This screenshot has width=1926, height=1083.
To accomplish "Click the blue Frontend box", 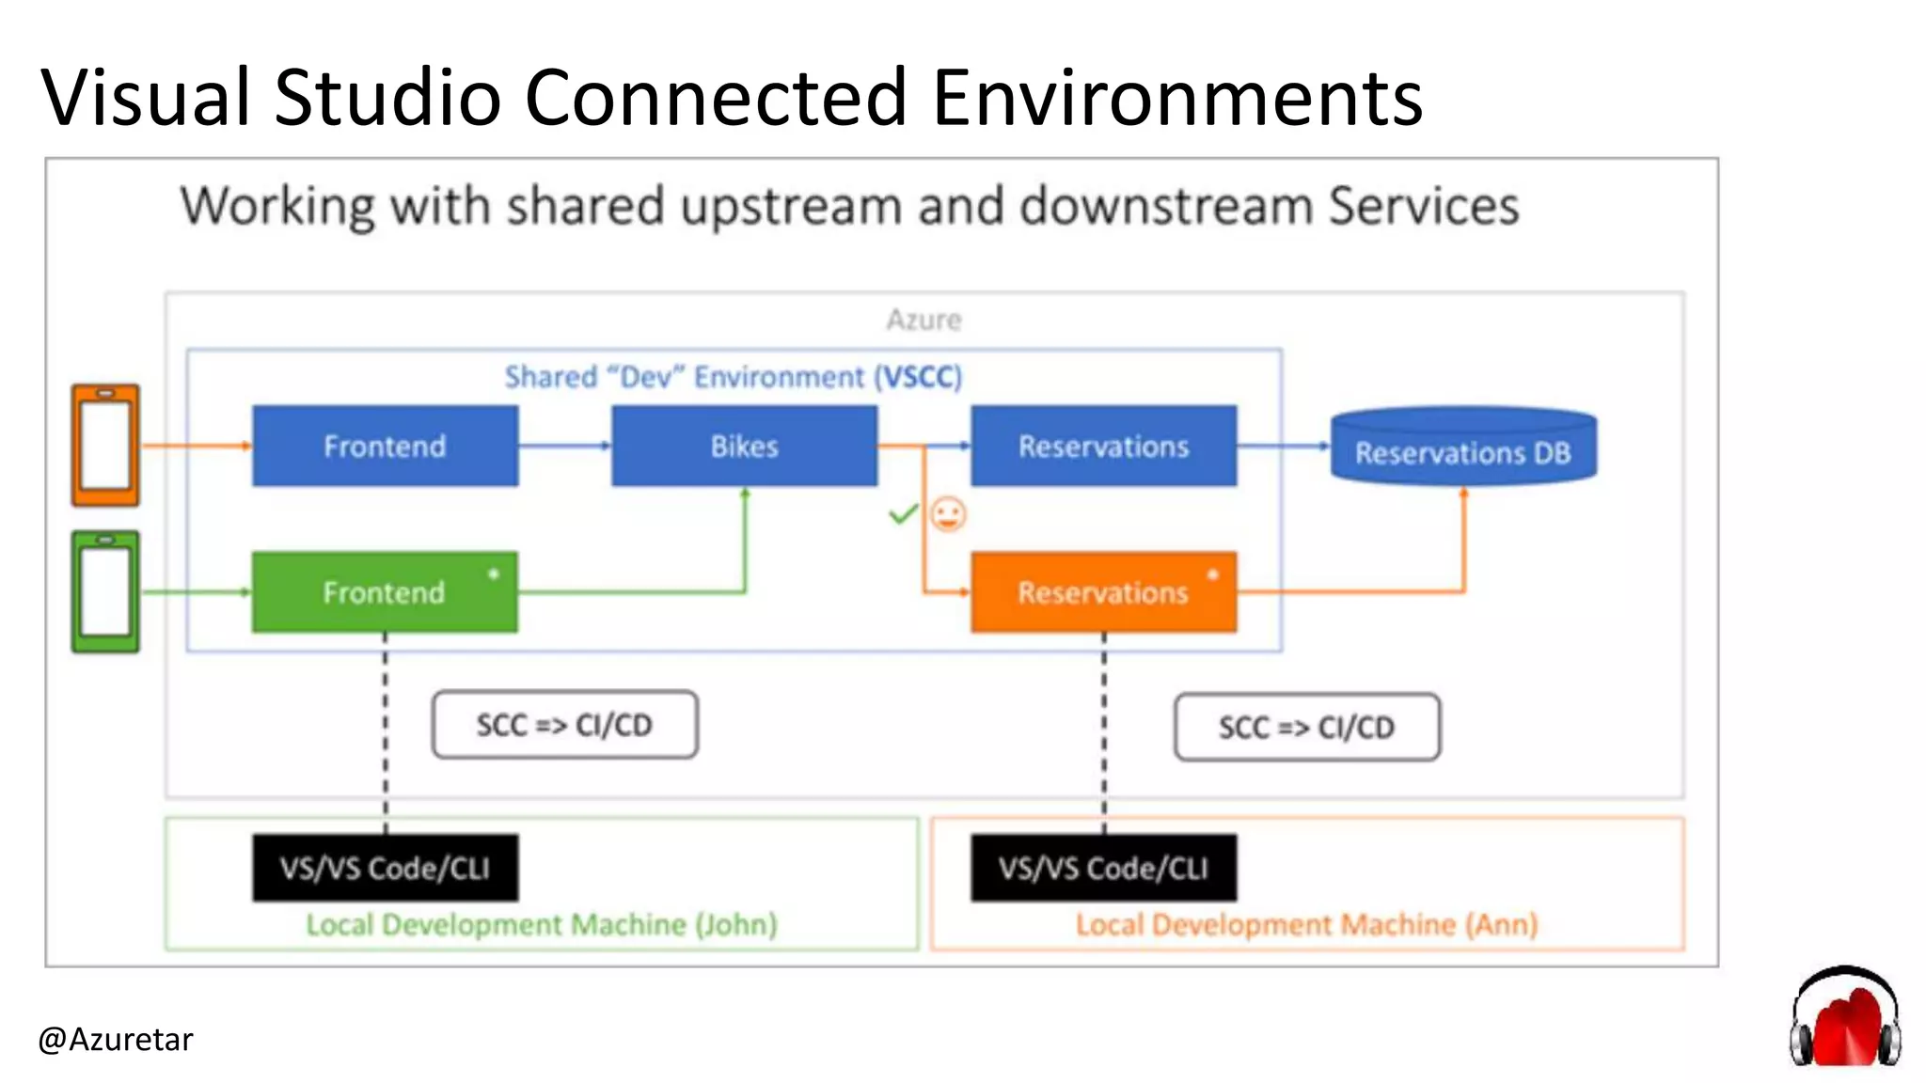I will tap(385, 446).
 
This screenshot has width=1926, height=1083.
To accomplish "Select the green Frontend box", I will tap(385, 592).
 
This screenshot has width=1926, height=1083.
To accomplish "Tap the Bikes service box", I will tap(744, 446).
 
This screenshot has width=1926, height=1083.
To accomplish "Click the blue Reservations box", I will tap(1103, 446).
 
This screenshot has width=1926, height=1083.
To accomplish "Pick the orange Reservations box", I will tap(1103, 592).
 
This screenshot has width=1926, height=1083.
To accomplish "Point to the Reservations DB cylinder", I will tap(1463, 448).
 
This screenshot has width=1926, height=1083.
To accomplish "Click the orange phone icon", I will tap(105, 446).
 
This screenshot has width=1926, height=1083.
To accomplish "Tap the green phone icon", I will tap(105, 592).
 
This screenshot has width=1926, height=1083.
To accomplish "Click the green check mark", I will tap(903, 513).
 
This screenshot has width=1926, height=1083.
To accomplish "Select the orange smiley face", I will tap(948, 514).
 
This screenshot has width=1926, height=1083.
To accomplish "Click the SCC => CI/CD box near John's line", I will tap(564, 725).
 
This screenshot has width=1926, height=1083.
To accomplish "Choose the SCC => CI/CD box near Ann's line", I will tap(1306, 727).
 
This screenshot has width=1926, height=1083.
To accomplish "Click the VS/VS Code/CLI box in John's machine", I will tap(385, 868).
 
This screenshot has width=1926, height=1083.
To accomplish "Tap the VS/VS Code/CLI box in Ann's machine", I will tap(1103, 868).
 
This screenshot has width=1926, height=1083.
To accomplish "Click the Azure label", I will tap(924, 320).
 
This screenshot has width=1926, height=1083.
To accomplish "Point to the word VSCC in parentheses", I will tap(918, 377).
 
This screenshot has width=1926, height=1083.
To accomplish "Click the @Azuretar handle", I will tap(115, 1039).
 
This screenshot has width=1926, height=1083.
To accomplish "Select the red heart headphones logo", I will tap(1844, 1020).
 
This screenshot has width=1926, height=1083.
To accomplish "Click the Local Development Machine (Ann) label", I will tap(1306, 925).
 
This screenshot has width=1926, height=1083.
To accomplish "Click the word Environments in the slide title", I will tap(1176, 97).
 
